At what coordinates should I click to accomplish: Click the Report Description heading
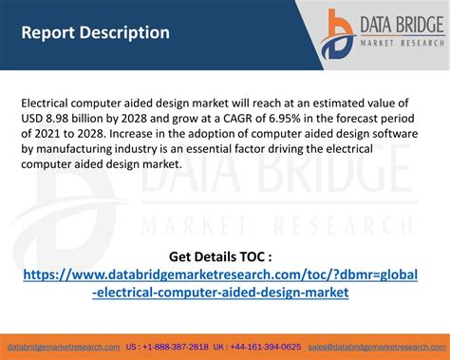point(96,32)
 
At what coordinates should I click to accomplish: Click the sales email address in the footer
point(378,348)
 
